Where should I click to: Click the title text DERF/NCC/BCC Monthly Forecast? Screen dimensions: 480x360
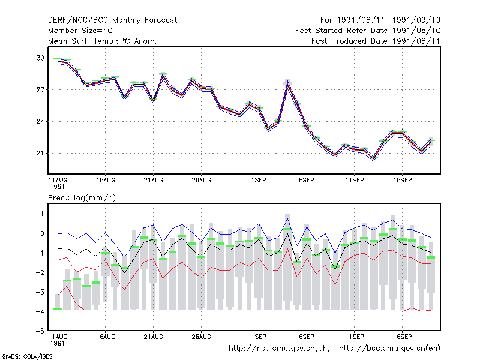click(x=112, y=20)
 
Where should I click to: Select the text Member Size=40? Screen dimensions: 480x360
click(x=80, y=31)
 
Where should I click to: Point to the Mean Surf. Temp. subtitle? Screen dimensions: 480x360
click(x=102, y=41)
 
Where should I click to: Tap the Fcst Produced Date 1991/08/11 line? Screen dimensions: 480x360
click(x=376, y=41)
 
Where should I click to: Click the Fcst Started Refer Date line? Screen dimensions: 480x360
click(x=368, y=31)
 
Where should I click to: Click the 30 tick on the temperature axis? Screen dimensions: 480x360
click(x=40, y=58)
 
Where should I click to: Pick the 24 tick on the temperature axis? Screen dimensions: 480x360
click(x=40, y=122)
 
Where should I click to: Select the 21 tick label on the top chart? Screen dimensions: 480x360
click(x=40, y=153)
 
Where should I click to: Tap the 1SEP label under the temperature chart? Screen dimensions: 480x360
click(x=259, y=180)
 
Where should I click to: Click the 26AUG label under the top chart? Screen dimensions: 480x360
click(x=201, y=180)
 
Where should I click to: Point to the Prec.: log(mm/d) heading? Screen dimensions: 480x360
click(x=82, y=198)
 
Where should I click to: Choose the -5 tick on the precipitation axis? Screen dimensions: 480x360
click(x=40, y=331)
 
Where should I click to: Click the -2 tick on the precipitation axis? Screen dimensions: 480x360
click(x=40, y=272)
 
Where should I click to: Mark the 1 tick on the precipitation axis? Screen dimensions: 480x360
click(x=42, y=214)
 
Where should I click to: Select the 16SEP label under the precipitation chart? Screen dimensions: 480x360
click(x=402, y=337)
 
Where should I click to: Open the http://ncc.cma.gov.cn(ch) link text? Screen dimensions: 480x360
click(x=279, y=349)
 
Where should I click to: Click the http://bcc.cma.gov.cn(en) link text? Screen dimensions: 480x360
click(x=389, y=349)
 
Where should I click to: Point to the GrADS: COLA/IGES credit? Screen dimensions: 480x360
click(x=27, y=356)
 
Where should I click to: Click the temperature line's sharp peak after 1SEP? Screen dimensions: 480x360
click(x=287, y=83)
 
